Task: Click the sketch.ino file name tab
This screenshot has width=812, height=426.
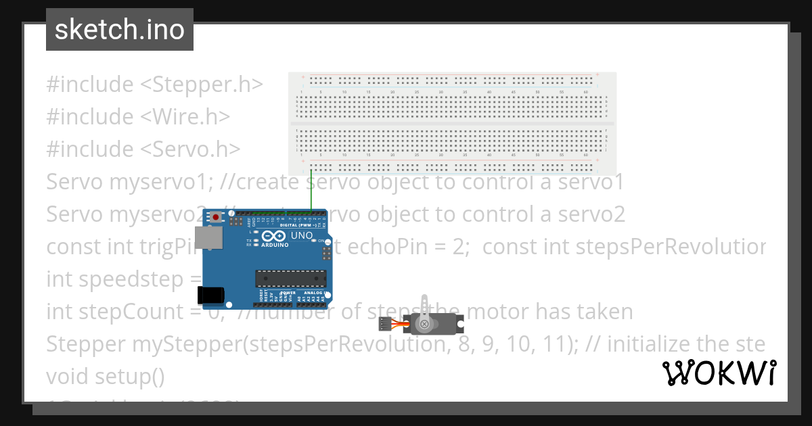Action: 120,30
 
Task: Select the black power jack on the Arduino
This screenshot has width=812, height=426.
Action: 210,294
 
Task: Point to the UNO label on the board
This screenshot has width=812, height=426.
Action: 302,236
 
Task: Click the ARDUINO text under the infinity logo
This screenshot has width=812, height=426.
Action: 275,245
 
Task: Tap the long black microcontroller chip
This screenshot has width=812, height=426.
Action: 290,278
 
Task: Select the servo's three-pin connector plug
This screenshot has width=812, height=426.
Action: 386,325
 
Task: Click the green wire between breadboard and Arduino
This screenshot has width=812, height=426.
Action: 311,193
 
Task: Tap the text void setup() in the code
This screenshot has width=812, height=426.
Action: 105,377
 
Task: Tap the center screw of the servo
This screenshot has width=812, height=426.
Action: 424,325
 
